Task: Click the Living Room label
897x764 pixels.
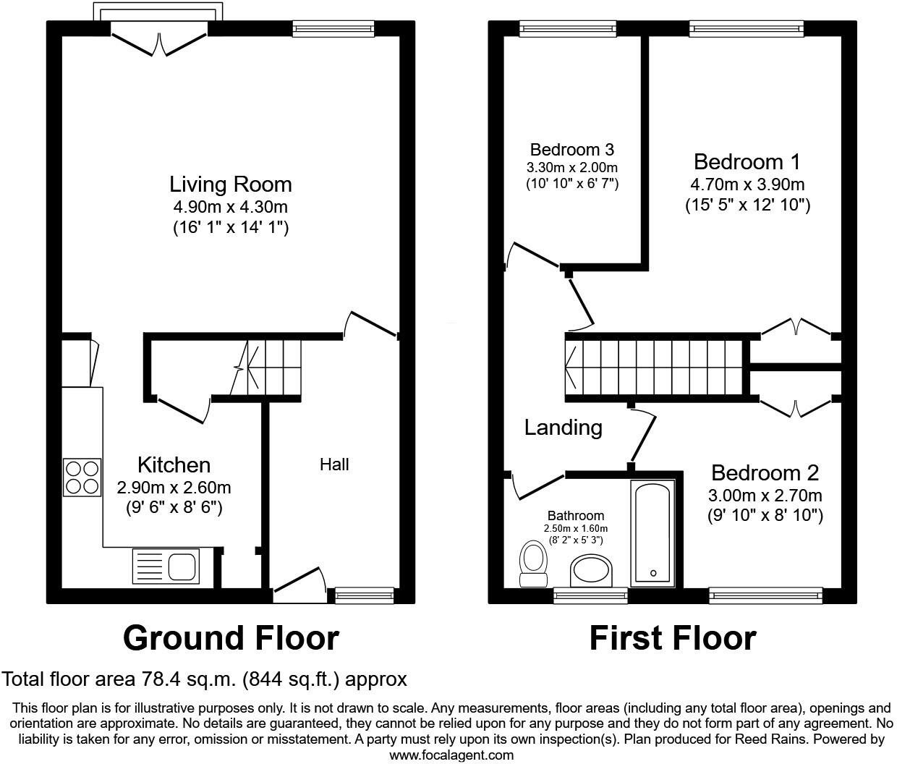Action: coord(230,184)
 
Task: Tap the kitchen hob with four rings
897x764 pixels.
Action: coord(82,477)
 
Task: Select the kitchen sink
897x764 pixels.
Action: coord(166,566)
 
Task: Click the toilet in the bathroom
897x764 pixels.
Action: coord(534,564)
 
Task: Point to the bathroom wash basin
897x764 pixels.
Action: coord(592,572)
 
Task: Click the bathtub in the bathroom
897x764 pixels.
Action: coord(653,533)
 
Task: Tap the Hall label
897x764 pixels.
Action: coord(334,464)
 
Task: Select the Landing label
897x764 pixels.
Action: coord(563,428)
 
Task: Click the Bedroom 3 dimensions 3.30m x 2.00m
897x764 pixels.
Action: coord(571,167)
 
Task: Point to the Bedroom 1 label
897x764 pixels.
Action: coord(747,161)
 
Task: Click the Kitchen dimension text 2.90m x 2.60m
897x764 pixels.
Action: coord(174,487)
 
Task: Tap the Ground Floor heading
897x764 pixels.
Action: coord(231,638)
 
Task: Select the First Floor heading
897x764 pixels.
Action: coord(672,638)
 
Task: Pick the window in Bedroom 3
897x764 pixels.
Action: coord(568,28)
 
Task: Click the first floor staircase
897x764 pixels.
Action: coord(655,368)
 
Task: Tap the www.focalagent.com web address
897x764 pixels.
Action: coord(451,755)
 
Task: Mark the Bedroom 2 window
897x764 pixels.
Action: coord(765,595)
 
